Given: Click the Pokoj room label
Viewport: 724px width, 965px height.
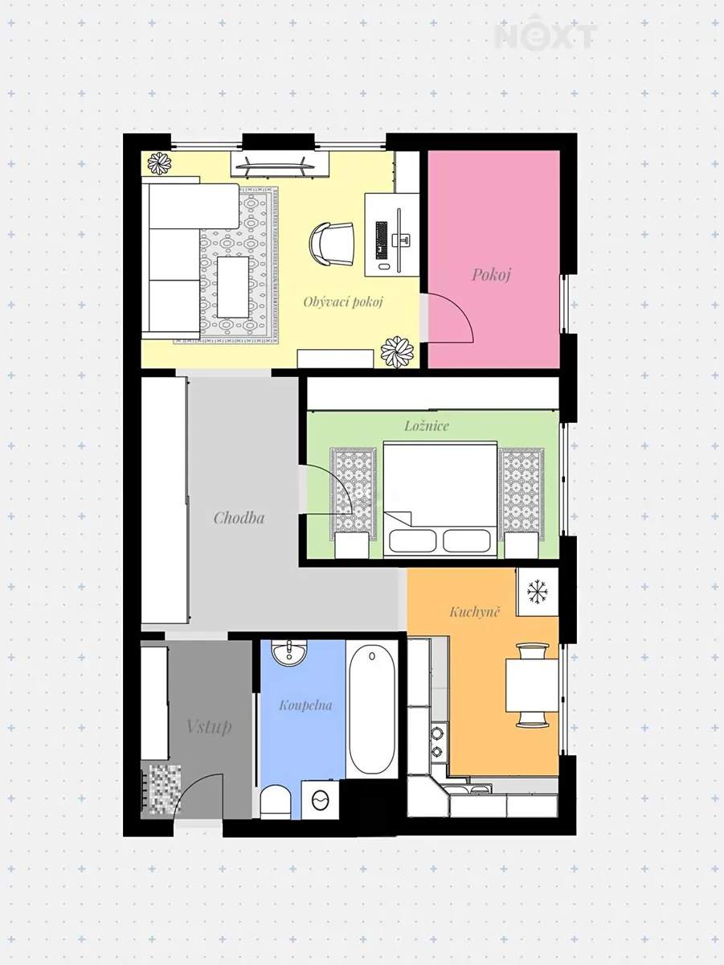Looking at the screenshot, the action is tap(491, 275).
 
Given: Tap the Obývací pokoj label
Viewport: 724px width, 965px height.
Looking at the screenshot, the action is tap(343, 302).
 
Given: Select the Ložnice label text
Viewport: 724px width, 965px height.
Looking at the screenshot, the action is tap(427, 425).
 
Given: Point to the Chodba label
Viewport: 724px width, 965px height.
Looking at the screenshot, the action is tap(239, 518).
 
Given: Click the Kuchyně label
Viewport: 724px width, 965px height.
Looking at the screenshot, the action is tap(474, 611).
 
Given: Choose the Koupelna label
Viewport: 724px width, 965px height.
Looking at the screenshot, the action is tap(306, 705).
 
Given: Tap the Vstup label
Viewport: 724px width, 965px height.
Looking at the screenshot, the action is tap(209, 726).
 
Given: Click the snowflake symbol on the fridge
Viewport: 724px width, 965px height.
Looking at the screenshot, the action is tap(536, 592).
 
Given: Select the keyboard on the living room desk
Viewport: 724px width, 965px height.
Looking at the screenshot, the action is tap(382, 240).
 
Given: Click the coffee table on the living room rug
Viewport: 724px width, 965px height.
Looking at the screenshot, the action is tap(233, 287).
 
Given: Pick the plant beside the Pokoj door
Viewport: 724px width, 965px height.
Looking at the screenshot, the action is tap(397, 351).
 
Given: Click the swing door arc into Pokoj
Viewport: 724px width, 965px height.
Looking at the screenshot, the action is tap(459, 308).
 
